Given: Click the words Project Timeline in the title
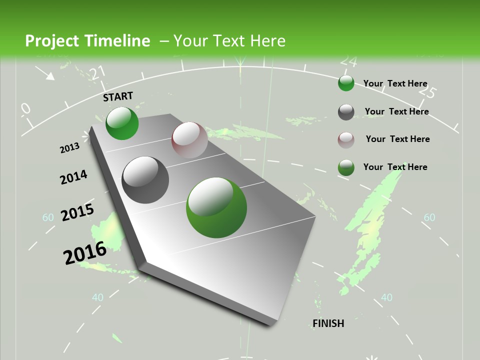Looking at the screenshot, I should [87, 41].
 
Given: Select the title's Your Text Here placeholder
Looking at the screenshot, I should [229, 41].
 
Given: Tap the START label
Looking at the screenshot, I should [118, 96].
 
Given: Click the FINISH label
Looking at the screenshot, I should [328, 323].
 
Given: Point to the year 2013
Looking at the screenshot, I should [69, 148].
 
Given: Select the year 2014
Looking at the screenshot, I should [73, 177].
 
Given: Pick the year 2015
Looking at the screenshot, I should [77, 212].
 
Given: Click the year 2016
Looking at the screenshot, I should [84, 252].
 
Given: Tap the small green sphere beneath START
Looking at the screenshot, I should [122, 123].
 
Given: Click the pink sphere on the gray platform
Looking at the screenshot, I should [189, 140].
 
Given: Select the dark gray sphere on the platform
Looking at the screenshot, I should [145, 180].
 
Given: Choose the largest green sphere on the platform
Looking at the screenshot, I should [216, 208].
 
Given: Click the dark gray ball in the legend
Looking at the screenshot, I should [346, 112].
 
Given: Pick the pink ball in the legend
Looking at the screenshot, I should [346, 140].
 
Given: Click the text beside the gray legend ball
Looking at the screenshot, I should [396, 111].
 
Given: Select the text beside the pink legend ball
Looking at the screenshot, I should [397, 139].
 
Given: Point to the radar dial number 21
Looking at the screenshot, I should [98, 72].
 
